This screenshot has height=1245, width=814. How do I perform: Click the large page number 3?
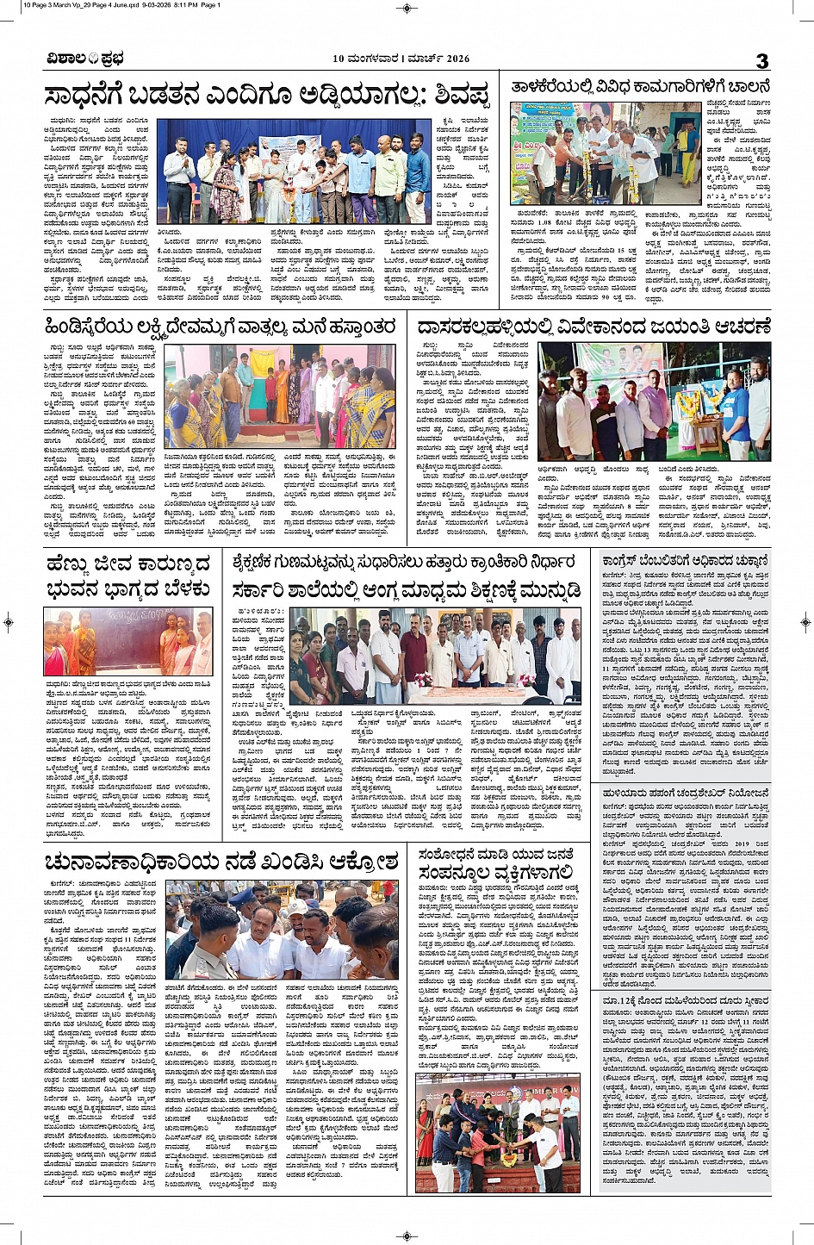761,60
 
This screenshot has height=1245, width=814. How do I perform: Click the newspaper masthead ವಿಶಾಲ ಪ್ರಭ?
85,59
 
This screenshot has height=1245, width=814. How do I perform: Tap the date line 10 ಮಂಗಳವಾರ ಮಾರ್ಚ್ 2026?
401,59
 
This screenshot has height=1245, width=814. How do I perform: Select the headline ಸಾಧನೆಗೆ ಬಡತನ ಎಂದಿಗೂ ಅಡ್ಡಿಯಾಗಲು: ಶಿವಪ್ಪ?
267,96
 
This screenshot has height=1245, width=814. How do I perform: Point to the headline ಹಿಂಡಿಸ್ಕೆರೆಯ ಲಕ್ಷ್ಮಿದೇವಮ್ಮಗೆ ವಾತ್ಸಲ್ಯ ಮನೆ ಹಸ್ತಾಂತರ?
221,327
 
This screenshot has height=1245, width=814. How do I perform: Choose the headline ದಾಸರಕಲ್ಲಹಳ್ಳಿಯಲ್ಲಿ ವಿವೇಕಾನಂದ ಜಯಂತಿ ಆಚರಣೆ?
593,327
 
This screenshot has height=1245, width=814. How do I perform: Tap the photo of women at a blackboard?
127,642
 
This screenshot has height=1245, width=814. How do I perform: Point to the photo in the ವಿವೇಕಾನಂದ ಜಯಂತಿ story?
654,401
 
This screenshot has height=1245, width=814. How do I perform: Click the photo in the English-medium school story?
436,656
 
